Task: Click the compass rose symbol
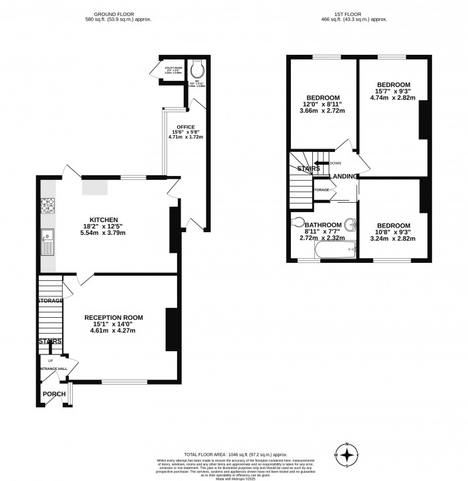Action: coord(348,455)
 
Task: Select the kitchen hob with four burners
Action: coord(47,205)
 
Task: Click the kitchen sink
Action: coord(47,239)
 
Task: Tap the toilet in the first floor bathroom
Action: coord(298,222)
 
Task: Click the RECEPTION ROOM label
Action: coord(114,318)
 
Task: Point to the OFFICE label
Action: coord(185,126)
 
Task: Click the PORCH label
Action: coord(54,394)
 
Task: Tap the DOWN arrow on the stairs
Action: coord(335,163)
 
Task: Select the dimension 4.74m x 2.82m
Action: coord(392,98)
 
